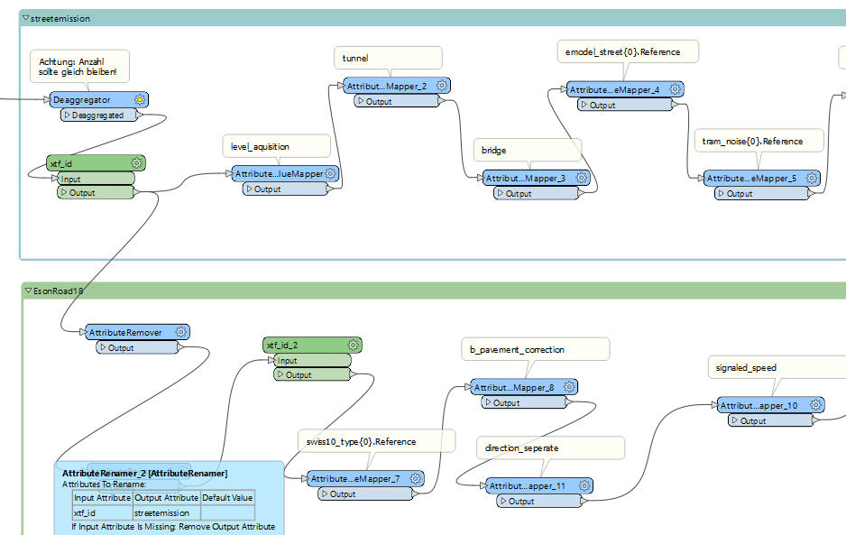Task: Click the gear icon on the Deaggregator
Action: (140, 99)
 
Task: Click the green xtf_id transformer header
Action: (86, 163)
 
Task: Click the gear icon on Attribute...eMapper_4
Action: (675, 90)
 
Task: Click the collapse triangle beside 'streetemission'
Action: (26, 18)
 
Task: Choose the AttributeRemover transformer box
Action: (125, 333)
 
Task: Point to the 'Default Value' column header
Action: (227, 498)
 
